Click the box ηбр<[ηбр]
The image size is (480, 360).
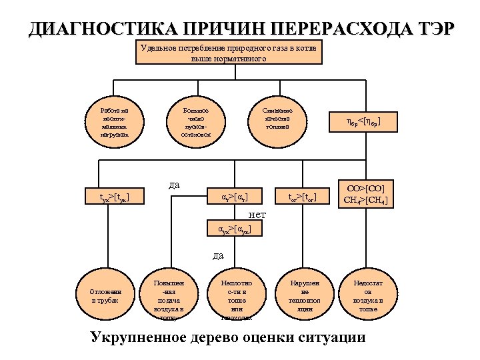point(363,122)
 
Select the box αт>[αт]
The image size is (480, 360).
point(233,197)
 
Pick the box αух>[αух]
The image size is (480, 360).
point(233,229)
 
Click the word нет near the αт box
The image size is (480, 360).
point(257,214)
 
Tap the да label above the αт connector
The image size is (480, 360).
point(174,183)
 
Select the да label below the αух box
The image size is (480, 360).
point(218,255)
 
